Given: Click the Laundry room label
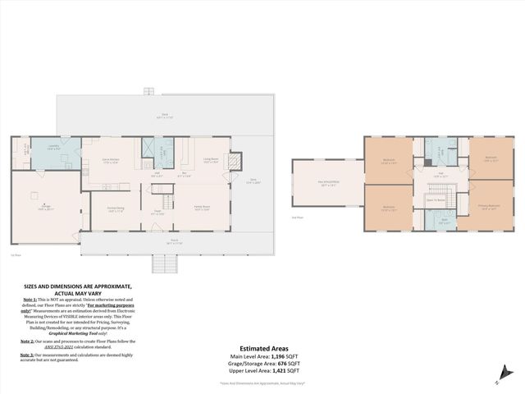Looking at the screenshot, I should click(x=52, y=145).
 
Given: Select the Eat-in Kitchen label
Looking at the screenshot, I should click(x=111, y=161).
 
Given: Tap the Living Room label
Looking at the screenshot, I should click(x=211, y=159).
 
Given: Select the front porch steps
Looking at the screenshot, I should click(x=165, y=263).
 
